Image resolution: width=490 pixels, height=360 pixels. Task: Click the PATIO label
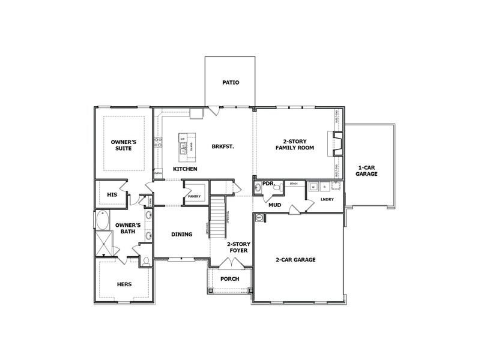pos(231,82)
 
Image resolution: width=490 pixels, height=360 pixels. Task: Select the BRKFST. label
pos(222,146)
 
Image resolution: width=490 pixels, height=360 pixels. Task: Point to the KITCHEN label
pos(185,169)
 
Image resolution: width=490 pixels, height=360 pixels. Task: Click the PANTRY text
pos(194,196)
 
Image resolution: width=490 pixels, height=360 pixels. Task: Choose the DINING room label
pos(181,234)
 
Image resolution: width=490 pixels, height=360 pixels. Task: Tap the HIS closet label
pos(111,194)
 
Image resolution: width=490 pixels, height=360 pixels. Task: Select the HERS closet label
pos(124,284)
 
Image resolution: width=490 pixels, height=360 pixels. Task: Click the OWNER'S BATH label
pos(128,229)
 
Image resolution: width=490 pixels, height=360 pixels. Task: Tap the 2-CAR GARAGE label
pos(295,260)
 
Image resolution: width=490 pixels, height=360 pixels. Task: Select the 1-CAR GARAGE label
pos(366,170)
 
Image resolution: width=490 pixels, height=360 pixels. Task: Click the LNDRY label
pos(327,199)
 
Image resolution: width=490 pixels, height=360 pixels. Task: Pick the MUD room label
pos(274,205)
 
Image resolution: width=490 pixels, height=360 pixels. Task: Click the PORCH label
pos(229,278)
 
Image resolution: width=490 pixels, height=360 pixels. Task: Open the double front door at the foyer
pos(228,263)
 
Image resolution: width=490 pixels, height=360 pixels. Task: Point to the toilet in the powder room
pos(277,188)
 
